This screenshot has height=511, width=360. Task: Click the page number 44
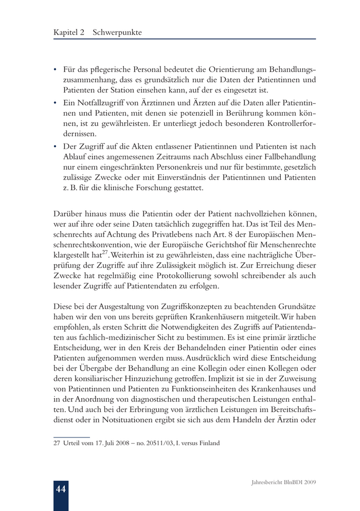click(x=61, y=489)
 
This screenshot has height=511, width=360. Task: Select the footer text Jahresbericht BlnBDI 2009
click(x=283, y=483)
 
